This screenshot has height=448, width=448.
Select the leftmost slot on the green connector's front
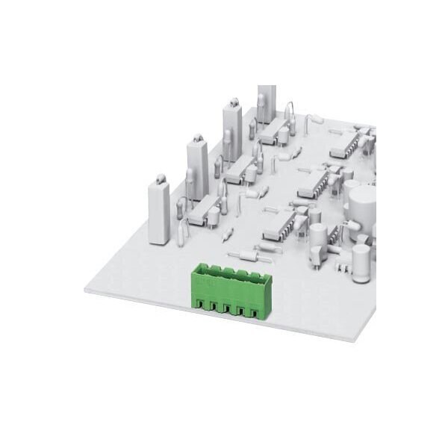coord(199,302)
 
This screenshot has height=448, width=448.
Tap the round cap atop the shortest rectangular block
coord(160,179)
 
